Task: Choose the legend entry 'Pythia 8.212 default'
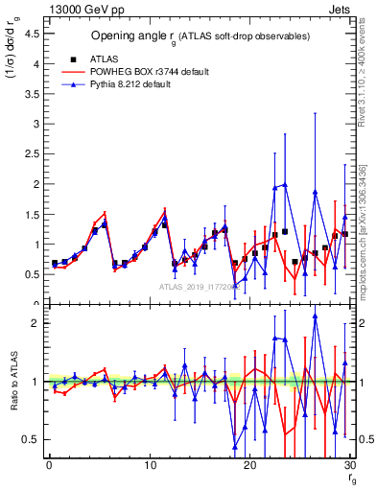tap(134, 84)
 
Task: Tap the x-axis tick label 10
tap(149, 466)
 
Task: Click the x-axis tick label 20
tap(249, 466)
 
